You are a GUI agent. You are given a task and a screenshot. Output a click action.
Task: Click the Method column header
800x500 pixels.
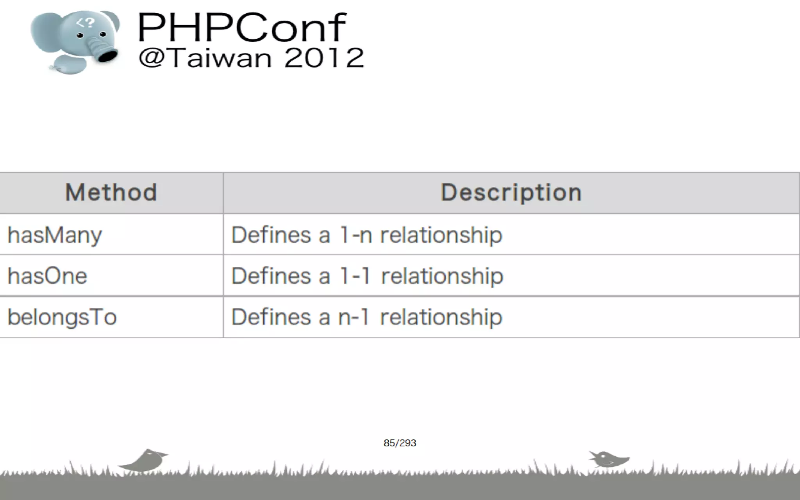click(111, 193)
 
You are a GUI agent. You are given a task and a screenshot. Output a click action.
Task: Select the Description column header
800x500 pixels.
click(511, 193)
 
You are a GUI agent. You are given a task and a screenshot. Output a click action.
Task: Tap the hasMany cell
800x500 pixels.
click(55, 235)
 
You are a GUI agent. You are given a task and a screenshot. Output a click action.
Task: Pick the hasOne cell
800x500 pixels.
click(47, 276)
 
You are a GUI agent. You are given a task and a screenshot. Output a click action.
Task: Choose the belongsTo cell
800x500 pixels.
click(62, 317)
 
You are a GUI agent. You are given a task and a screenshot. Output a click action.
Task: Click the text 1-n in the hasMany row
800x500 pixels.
click(355, 235)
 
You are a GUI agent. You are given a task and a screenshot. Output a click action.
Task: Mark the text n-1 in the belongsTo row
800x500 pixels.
click(354, 317)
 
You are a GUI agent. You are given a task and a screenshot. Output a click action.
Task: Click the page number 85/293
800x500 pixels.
click(400, 443)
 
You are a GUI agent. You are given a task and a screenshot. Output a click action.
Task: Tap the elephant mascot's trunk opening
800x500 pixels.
click(107, 56)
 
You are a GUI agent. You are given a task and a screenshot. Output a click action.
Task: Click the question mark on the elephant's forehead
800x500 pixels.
click(89, 23)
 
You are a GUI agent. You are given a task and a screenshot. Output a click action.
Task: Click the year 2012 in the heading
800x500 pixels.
click(324, 58)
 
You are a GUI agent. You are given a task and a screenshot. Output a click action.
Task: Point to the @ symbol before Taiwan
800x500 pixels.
click(150, 58)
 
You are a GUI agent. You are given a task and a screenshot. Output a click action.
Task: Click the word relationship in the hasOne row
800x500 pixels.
click(442, 276)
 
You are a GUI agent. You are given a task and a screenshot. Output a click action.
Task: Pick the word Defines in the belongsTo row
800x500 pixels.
click(272, 317)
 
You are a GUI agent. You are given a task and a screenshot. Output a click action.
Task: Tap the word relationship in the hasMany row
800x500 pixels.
click(441, 235)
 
